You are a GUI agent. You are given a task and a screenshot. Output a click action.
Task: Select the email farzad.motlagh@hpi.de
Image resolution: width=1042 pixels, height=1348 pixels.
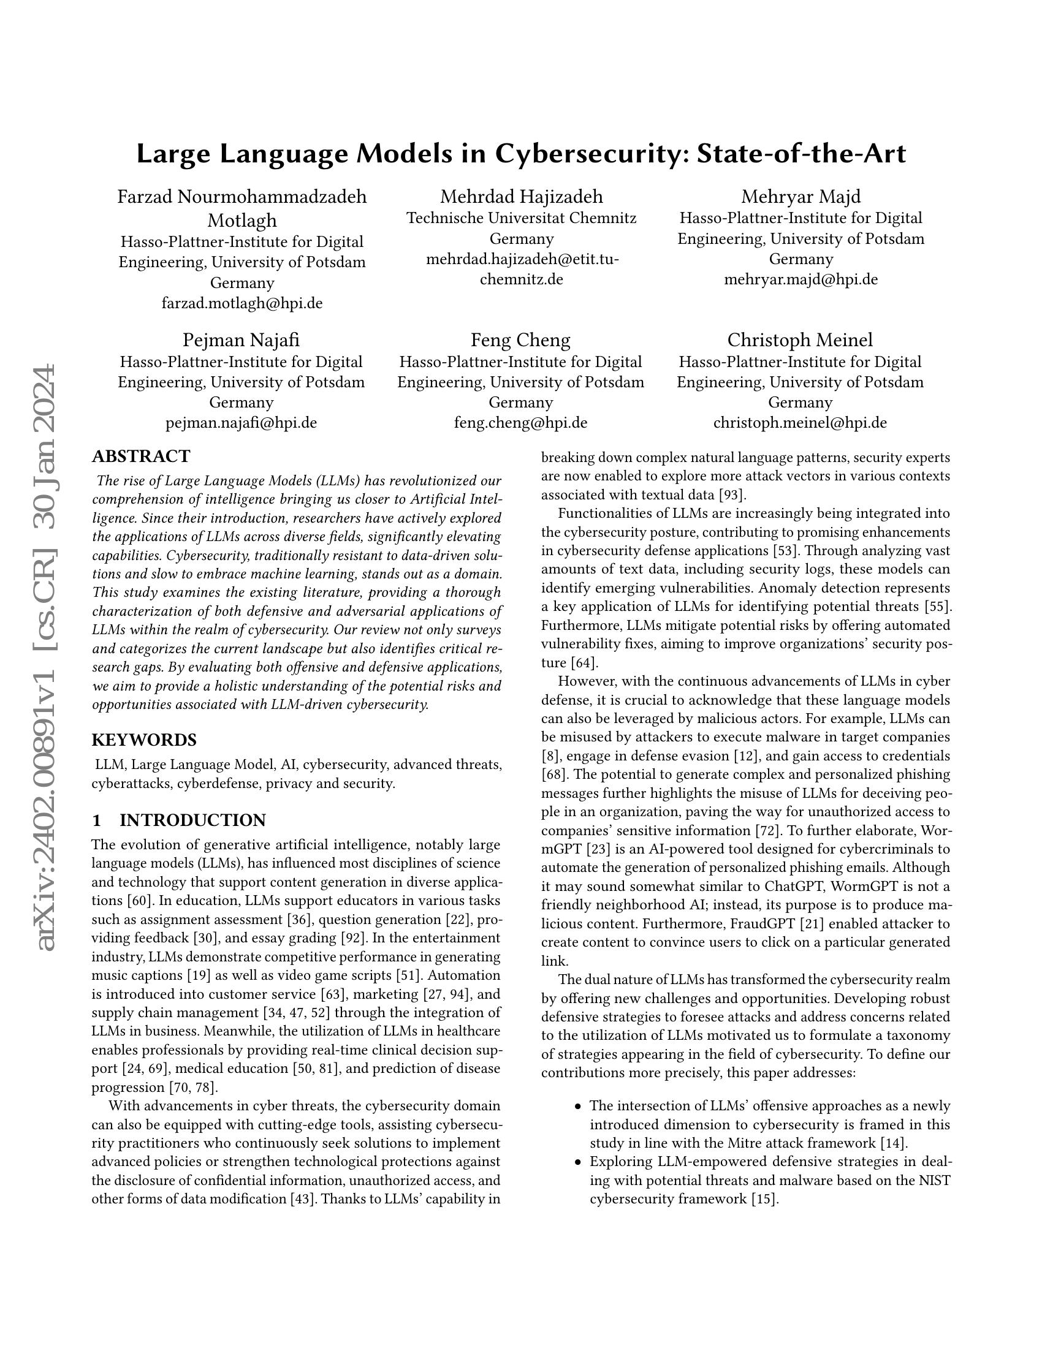pyautogui.click(x=242, y=304)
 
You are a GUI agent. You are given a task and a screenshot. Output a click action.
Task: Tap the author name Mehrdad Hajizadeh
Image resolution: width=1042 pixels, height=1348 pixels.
pyautogui.click(x=521, y=197)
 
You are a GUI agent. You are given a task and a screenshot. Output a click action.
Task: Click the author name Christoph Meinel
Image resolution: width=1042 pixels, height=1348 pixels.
pyautogui.click(x=800, y=340)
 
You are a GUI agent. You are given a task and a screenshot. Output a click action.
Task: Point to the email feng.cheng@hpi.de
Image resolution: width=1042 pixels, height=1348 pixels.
pyautogui.click(x=520, y=423)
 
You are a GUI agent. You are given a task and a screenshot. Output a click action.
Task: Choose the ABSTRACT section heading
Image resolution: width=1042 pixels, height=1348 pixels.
pyautogui.click(x=141, y=456)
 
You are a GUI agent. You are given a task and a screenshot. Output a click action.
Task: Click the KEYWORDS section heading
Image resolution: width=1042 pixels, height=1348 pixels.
pyautogui.click(x=144, y=740)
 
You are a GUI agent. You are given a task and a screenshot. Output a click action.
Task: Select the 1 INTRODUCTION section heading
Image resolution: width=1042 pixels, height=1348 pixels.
pyautogui.click(x=179, y=820)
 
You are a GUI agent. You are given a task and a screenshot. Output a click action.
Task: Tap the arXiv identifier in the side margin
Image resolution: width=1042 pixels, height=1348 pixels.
pyautogui.click(x=47, y=657)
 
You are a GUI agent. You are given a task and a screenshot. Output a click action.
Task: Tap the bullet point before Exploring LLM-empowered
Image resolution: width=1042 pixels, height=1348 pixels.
pyautogui.click(x=578, y=1162)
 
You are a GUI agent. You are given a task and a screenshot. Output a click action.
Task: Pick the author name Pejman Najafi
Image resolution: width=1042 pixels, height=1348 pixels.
pyautogui.click(x=241, y=340)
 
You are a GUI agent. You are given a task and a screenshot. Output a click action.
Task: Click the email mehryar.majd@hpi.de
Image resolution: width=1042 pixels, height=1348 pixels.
pyautogui.click(x=801, y=279)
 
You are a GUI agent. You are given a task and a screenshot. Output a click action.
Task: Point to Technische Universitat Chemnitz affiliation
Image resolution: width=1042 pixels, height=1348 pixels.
pyautogui.click(x=521, y=218)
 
